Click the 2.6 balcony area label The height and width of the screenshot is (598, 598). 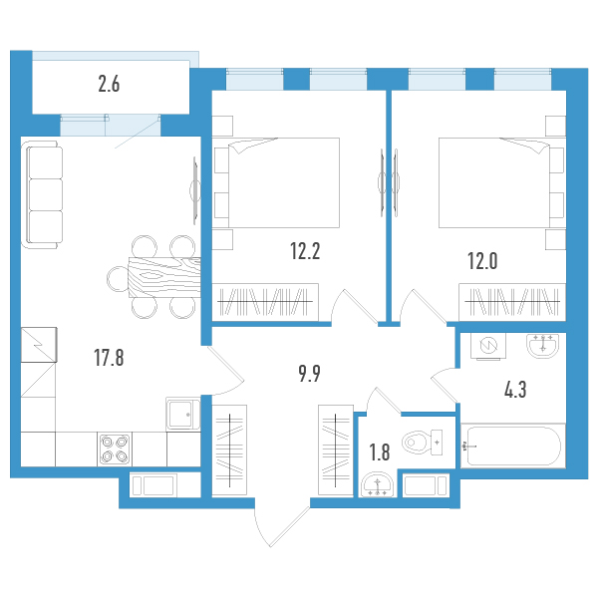(109, 84)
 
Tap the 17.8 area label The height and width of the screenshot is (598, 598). (109, 358)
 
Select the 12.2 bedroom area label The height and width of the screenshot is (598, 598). (305, 251)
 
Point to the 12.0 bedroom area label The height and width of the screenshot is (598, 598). (482, 261)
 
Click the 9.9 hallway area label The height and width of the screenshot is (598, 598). (309, 374)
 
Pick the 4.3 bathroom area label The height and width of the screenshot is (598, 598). (515, 390)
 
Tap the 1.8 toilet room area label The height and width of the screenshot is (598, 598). (380, 452)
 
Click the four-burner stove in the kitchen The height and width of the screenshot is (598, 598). (115, 449)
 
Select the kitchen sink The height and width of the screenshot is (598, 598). (183, 415)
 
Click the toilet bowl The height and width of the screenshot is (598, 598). (423, 443)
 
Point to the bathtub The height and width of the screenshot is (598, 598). (513, 446)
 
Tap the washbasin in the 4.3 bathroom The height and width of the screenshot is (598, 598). (543, 346)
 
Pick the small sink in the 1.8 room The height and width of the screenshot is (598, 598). (377, 485)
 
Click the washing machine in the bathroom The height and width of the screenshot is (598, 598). (488, 346)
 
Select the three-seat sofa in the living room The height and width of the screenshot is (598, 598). (43, 194)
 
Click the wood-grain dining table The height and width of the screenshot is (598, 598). (164, 277)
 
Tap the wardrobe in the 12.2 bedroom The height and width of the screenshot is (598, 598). (265, 302)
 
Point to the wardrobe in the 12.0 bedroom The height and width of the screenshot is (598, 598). (512, 302)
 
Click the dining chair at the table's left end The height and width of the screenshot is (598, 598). (118, 279)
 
